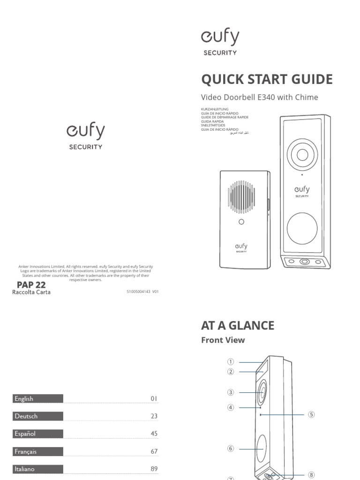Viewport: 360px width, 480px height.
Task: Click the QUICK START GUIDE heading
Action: click(x=267, y=79)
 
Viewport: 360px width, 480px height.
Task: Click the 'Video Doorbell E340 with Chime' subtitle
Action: click(x=259, y=97)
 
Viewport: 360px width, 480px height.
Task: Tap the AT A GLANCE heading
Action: click(x=238, y=325)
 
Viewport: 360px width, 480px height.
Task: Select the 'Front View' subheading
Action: click(x=223, y=340)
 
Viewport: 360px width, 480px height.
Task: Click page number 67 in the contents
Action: click(x=154, y=451)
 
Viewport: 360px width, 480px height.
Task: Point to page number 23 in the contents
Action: click(x=154, y=416)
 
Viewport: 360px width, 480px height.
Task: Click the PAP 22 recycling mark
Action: click(x=31, y=285)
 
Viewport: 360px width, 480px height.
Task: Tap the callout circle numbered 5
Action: click(x=311, y=414)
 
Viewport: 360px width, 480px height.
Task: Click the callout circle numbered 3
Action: click(x=231, y=392)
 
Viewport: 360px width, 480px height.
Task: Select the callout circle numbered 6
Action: click(x=231, y=449)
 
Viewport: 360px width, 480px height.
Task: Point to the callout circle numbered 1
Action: click(x=231, y=362)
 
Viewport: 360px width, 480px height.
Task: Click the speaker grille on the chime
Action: click(x=241, y=197)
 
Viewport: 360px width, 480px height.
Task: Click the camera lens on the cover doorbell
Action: click(x=302, y=155)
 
